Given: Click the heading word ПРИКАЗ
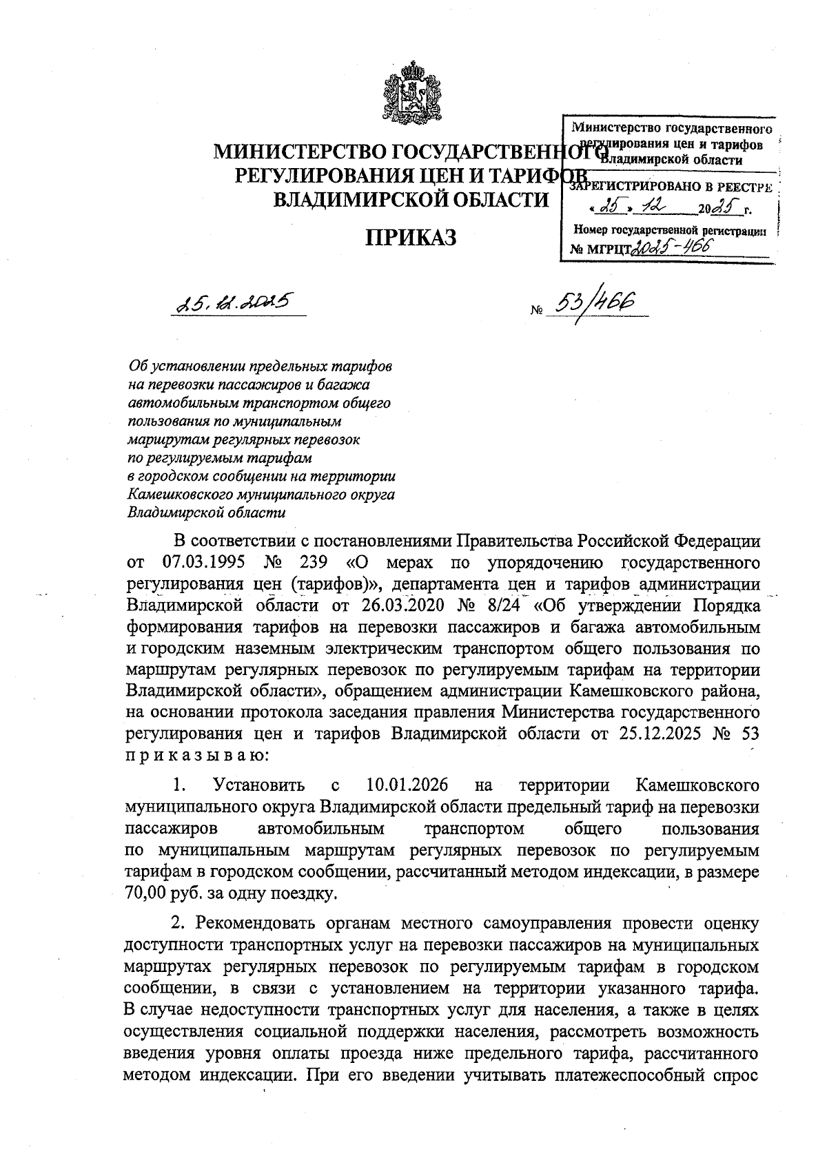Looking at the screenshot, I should point(411,237).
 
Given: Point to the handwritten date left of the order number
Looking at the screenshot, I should point(235,302).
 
